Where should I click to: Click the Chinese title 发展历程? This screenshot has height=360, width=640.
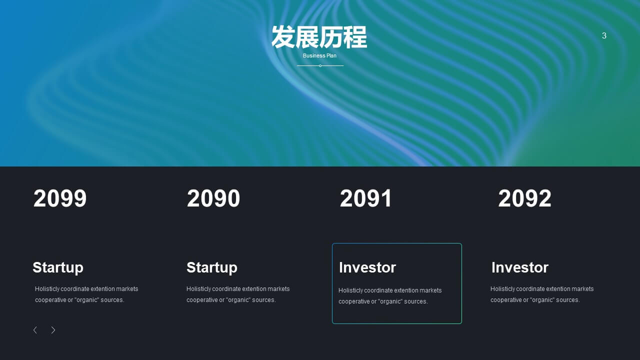[319, 37]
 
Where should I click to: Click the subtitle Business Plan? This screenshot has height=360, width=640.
[319, 55]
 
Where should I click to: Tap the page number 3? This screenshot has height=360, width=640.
[604, 35]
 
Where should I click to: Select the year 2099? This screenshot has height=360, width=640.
[60, 198]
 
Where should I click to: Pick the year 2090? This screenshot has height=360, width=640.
[213, 198]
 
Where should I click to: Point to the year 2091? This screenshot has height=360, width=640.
[365, 198]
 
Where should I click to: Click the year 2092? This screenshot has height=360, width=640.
[525, 198]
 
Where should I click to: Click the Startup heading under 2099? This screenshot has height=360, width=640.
[58, 267]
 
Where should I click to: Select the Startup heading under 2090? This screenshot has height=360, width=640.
[212, 267]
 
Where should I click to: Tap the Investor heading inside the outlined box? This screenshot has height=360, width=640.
[367, 267]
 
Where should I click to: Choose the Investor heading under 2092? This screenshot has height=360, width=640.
[520, 267]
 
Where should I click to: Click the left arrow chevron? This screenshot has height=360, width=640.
[35, 330]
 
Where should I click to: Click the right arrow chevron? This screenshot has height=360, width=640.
[53, 330]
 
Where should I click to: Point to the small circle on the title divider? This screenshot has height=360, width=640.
[320, 65]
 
